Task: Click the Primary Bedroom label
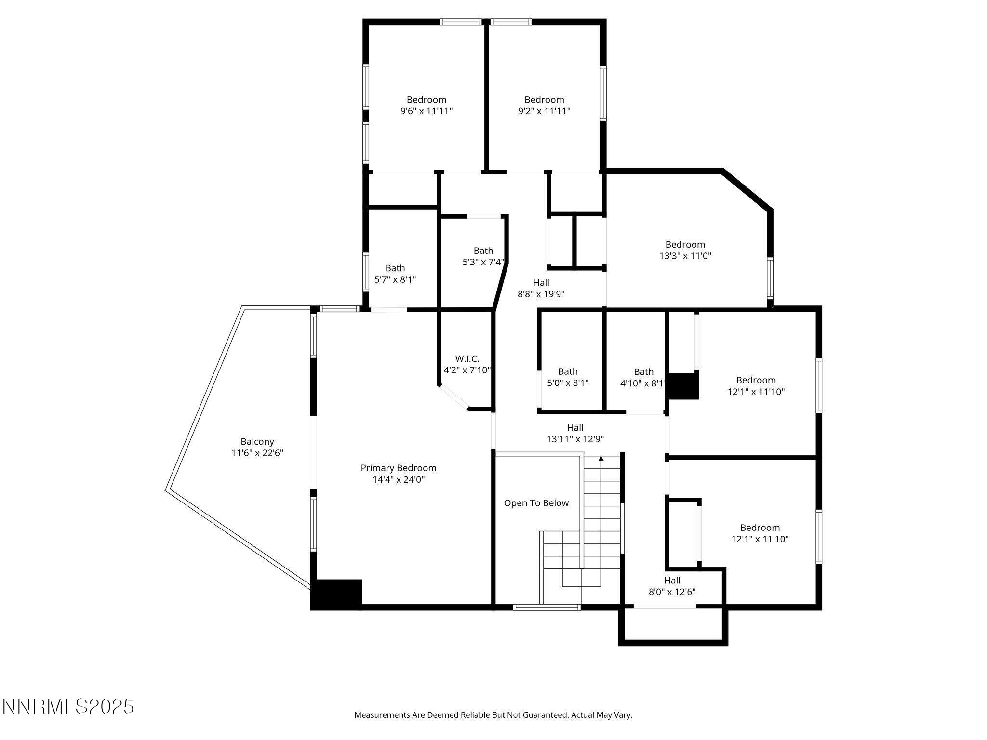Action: [398, 468]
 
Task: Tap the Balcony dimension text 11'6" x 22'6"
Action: [257, 453]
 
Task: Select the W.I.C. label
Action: [467, 359]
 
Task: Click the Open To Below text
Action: [536, 503]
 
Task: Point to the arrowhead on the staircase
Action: [601, 459]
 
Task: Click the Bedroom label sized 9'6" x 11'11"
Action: [426, 100]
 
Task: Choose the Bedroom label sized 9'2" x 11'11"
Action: [544, 100]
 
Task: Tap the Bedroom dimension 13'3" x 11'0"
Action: [685, 256]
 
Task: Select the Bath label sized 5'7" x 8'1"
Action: [395, 268]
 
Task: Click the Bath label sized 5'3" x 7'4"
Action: [483, 251]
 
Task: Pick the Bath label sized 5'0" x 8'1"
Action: [568, 371]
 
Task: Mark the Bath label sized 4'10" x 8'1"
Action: [643, 372]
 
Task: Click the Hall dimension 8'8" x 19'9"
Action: [541, 294]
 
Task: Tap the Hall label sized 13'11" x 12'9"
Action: [575, 428]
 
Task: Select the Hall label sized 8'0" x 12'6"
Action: [672, 581]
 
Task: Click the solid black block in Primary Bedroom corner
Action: [336, 594]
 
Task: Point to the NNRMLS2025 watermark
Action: [68, 707]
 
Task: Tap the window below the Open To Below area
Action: [547, 608]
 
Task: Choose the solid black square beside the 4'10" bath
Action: [683, 386]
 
